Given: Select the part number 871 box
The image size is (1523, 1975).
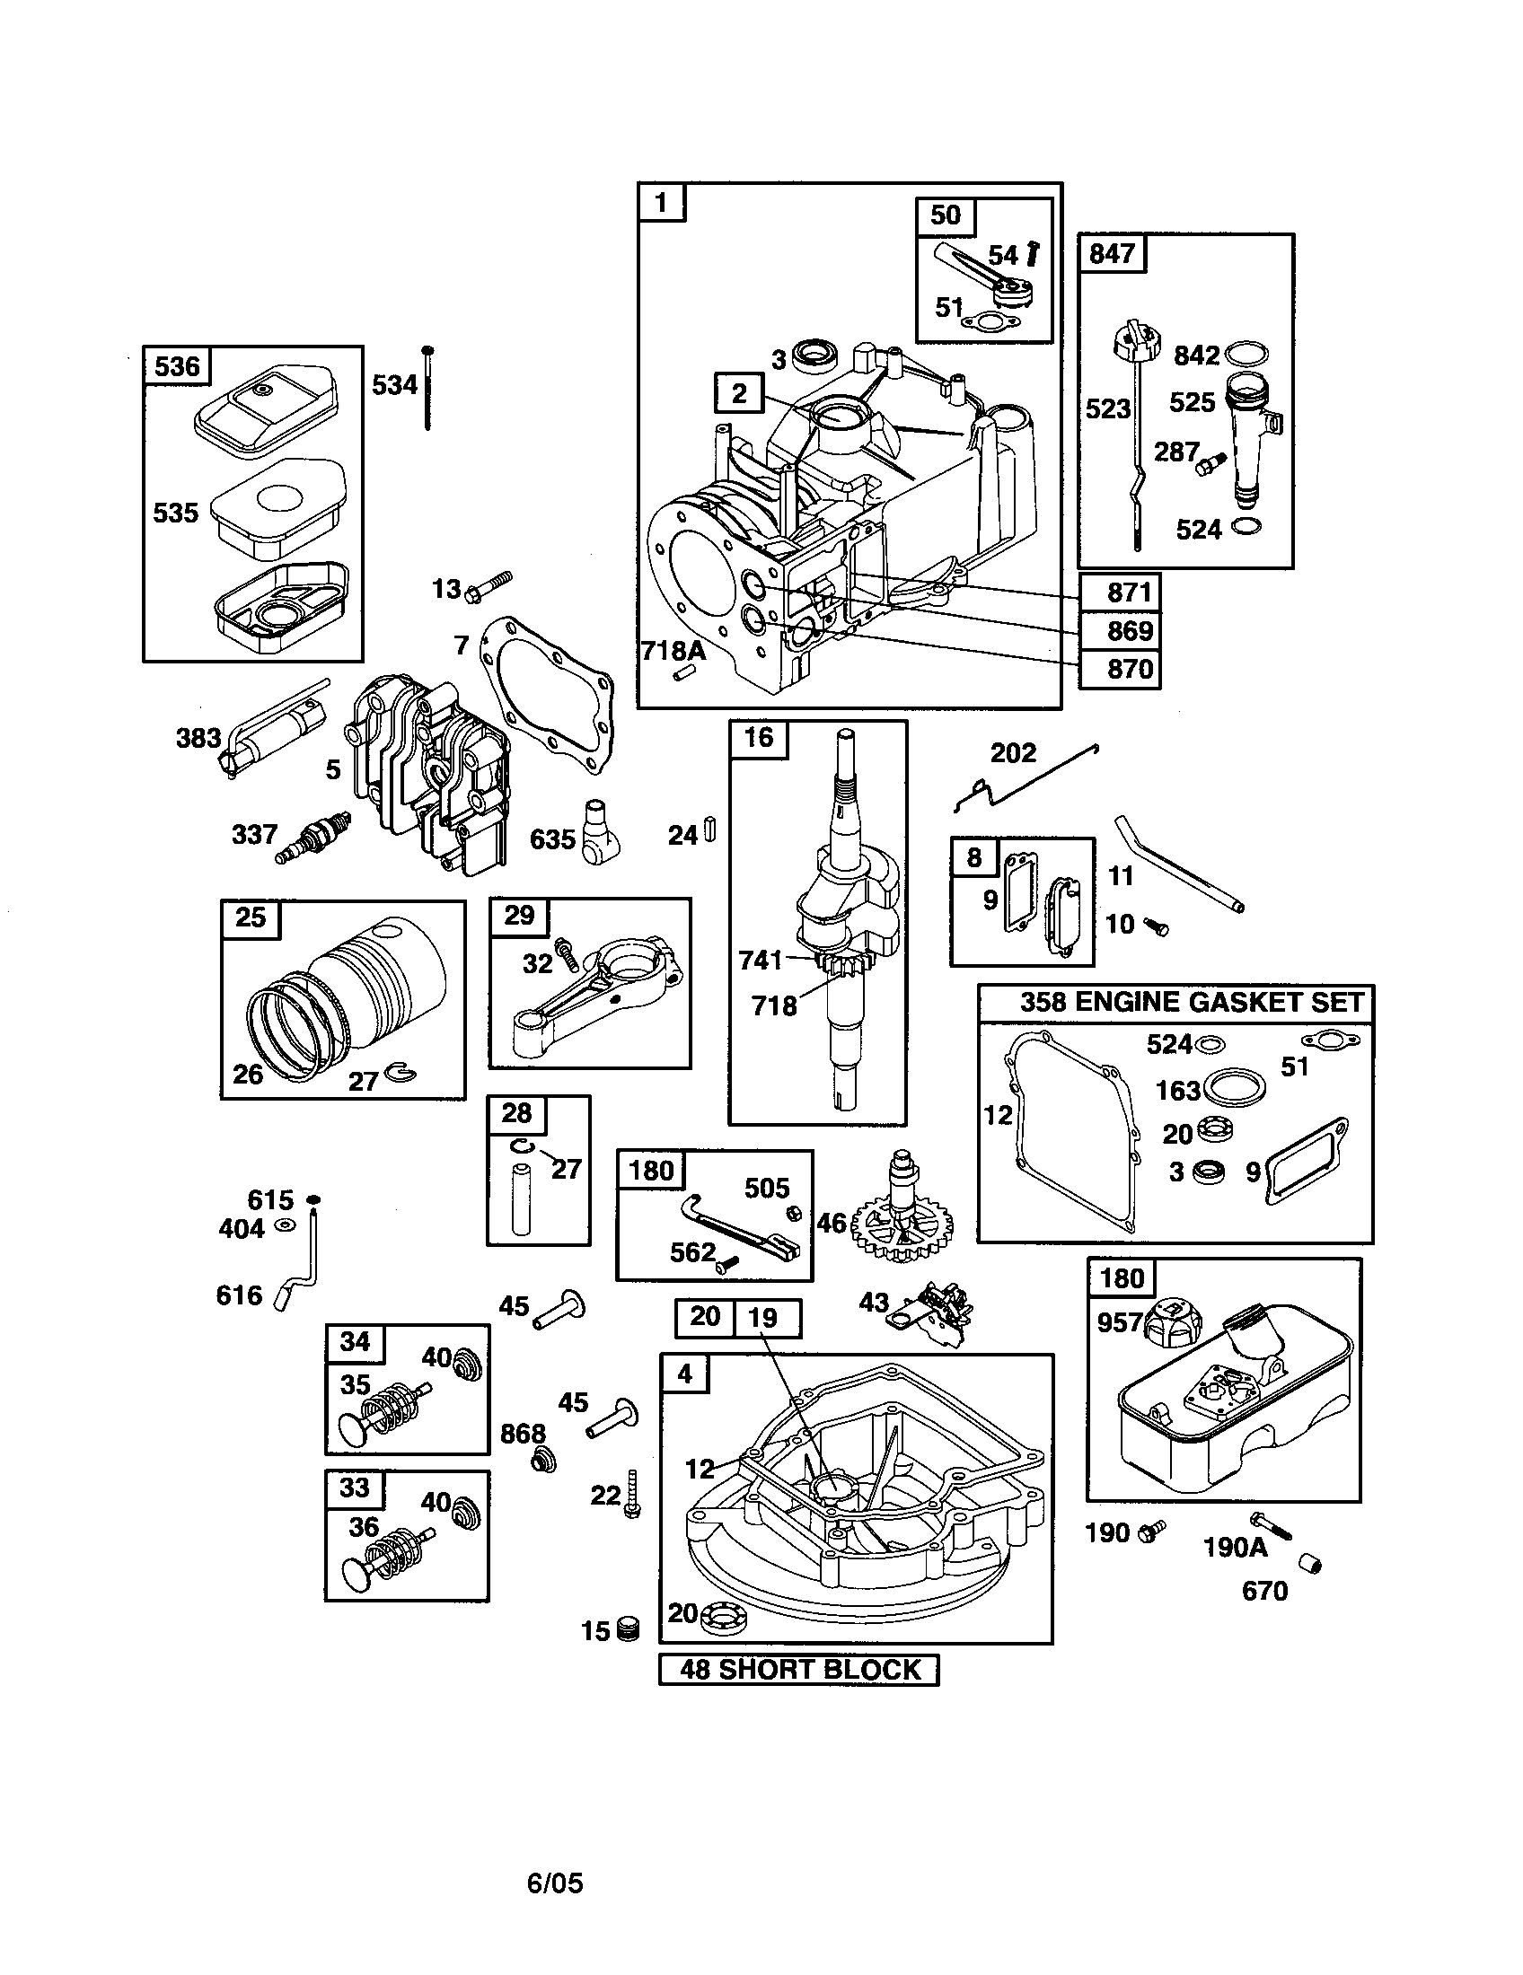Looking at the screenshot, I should (1119, 592).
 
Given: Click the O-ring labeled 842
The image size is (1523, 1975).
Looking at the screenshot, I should (1246, 354).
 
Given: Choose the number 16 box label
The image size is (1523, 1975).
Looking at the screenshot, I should (758, 738).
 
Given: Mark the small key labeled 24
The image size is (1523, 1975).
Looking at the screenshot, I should (710, 830).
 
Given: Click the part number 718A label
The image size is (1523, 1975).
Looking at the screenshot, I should (673, 651).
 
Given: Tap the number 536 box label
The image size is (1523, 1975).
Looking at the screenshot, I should (176, 365).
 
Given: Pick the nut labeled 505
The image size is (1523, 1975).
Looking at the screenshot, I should (795, 1213).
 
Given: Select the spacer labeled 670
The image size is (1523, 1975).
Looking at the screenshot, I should (1310, 1563).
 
